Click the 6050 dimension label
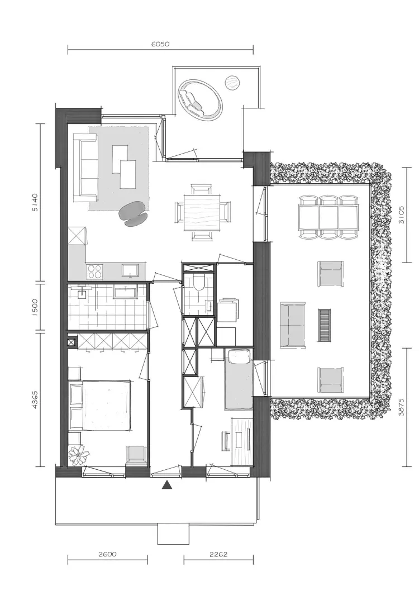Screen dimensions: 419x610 pos(160,44)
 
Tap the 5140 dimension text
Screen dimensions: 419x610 pos(35,202)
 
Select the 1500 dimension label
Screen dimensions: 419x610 pos(35,308)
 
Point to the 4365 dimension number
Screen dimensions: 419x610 pos(35,399)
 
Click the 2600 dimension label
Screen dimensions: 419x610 pos(107,554)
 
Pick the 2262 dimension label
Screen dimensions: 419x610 pos(218,554)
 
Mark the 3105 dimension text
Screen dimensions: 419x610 pos(402,215)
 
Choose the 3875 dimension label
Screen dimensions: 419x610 pos(402,407)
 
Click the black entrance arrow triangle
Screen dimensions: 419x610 pos(167,484)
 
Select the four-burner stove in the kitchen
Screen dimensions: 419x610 pos(95,271)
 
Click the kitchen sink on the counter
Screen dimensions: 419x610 pos(130,270)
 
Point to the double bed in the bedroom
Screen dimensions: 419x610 pos(101,406)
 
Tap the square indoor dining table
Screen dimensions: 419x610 pos(202,212)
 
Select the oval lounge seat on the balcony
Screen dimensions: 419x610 pos(201,100)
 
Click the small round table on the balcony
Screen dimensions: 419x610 pos(232,83)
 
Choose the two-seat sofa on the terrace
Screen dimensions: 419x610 pos(293,325)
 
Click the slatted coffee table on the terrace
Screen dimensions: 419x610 pos(324,325)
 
